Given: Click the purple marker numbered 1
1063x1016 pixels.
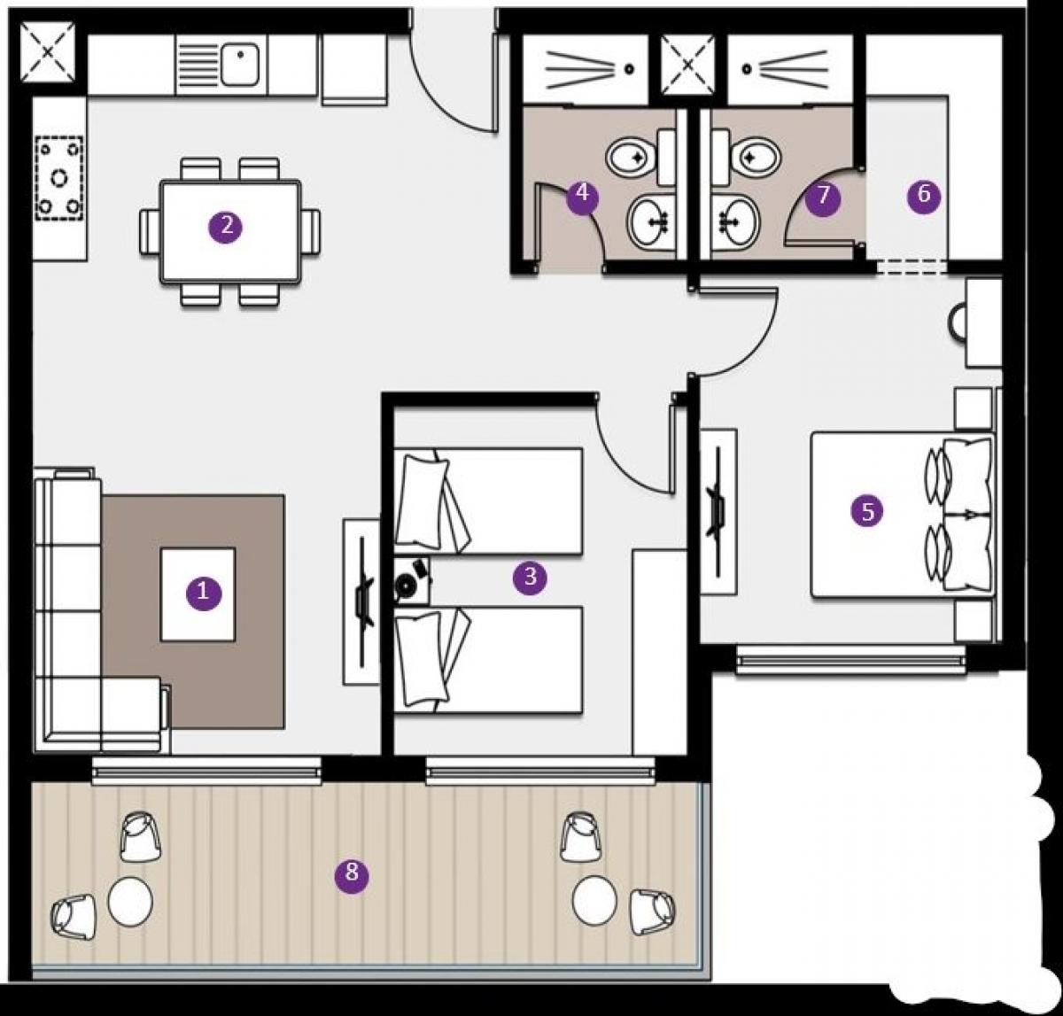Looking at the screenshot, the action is point(203,591).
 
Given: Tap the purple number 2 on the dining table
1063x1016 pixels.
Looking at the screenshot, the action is point(226,226).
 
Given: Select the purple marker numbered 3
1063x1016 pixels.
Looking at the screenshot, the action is point(530,577).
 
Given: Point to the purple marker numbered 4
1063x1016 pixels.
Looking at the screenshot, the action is point(583,193).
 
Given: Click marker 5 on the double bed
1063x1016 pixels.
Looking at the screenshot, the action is point(867,511).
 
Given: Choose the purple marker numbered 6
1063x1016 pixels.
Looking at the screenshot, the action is point(924,195).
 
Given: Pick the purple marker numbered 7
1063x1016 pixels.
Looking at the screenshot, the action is point(823,196).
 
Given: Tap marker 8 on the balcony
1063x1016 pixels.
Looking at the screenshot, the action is point(352,873).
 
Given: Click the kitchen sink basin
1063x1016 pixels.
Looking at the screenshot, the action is point(240,65).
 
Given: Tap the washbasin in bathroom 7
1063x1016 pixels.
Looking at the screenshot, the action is point(735,221).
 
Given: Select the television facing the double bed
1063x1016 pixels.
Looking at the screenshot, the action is point(717,511).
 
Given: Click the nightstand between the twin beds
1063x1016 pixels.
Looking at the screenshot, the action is point(412,581).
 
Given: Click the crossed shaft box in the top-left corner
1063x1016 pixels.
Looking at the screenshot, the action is point(48,52).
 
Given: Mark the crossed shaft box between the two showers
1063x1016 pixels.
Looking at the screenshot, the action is point(687,66).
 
